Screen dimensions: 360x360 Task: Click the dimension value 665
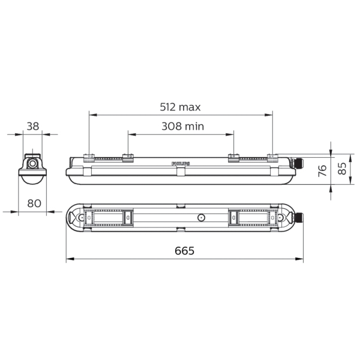pyautogui.click(x=184, y=251)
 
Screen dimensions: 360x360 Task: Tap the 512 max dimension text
pyautogui.click(x=180, y=107)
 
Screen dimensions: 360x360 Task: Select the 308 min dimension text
pyautogui.click(x=183, y=126)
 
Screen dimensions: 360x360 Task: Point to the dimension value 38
pyautogui.click(x=33, y=126)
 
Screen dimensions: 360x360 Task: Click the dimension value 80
pyautogui.click(x=34, y=203)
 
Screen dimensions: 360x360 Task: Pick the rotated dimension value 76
pyautogui.click(x=323, y=170)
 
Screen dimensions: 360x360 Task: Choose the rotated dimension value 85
pyautogui.click(x=342, y=168)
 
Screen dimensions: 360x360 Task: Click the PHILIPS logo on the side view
pyautogui.click(x=181, y=163)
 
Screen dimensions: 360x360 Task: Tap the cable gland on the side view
pyautogui.click(x=297, y=163)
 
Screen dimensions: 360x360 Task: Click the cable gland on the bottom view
pyautogui.click(x=298, y=217)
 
